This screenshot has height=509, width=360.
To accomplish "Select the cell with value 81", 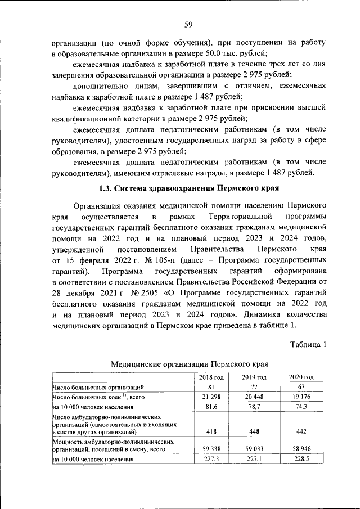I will [211, 388].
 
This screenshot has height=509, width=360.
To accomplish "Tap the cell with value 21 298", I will [211, 397].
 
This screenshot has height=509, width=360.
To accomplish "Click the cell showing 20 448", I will [254, 397].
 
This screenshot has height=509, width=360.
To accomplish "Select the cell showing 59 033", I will [254, 450].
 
